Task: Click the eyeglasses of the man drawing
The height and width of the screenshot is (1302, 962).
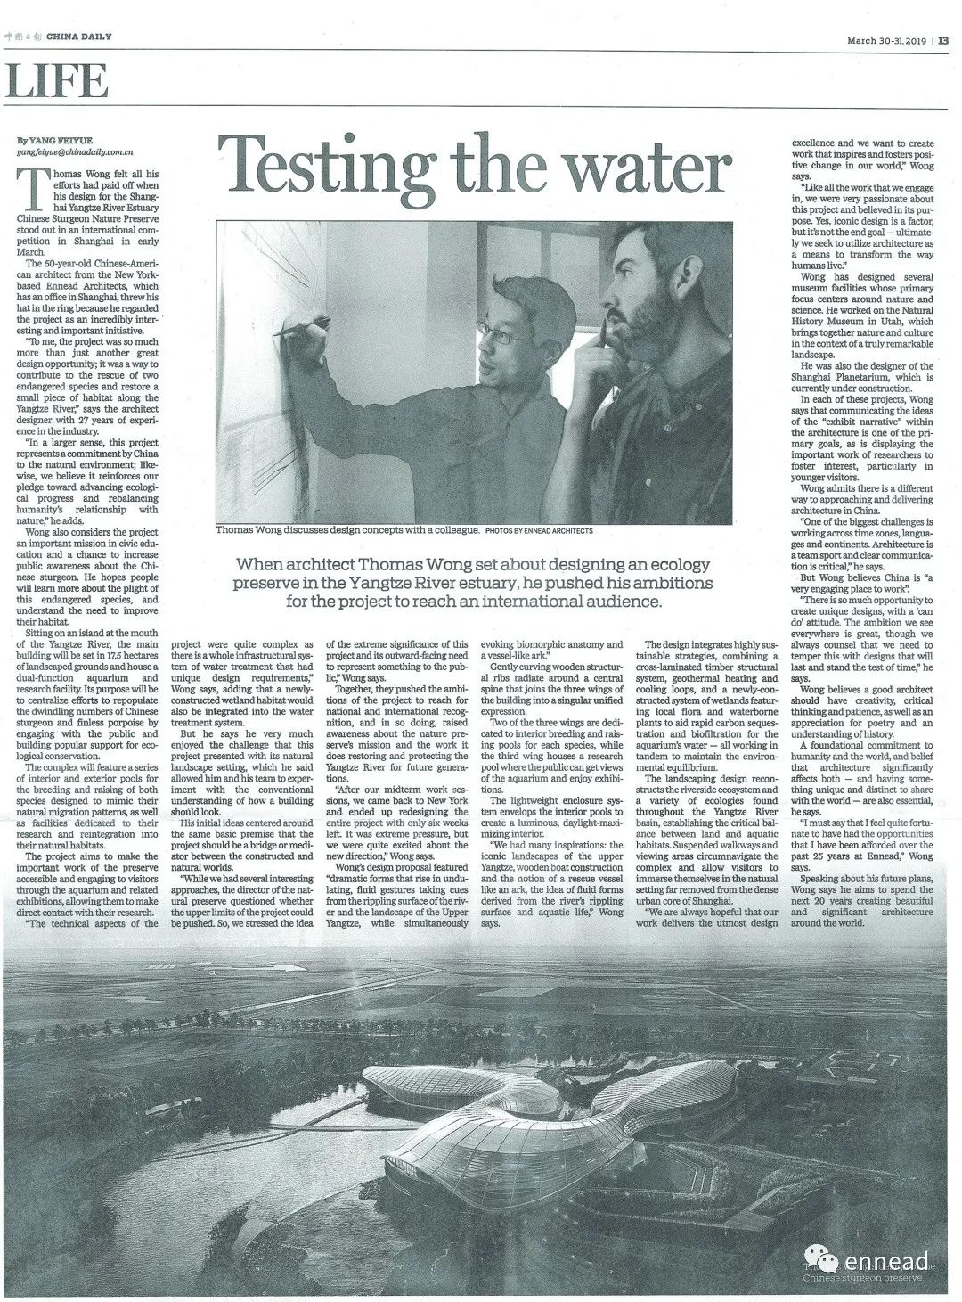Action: tap(514, 336)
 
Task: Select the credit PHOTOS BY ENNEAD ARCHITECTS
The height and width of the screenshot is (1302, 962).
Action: tap(539, 530)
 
